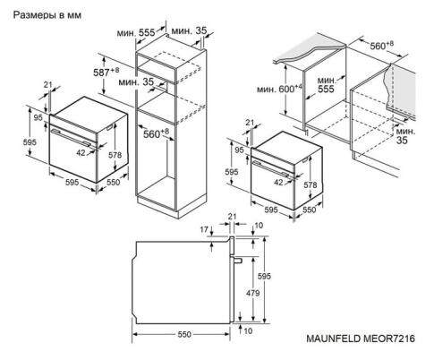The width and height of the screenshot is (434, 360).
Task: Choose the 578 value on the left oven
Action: tap(115, 155)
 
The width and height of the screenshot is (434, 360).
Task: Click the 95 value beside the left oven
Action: tap(38, 118)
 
